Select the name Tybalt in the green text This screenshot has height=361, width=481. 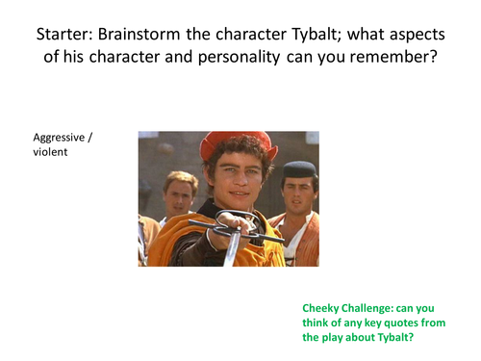click(394, 339)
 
